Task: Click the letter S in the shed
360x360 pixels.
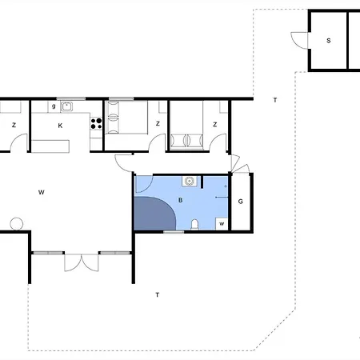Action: pos(329,41)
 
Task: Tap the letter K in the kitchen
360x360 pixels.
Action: pos(60,126)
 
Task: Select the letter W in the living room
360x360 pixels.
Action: pos(42,192)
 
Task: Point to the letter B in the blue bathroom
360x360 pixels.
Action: pos(181,200)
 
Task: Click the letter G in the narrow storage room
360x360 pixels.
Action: pos(241,202)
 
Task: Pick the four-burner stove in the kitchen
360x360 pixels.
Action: pos(96,123)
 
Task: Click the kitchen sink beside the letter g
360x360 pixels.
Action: pos(66,106)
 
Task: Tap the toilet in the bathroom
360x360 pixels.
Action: pos(195,225)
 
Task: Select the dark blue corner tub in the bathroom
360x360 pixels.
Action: pos(154,214)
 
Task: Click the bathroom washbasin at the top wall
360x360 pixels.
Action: pos(190,181)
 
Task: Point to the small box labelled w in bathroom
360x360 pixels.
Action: pos(222,224)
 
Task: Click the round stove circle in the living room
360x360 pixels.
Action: pos(17,224)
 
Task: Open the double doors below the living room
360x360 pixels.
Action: pos(82,262)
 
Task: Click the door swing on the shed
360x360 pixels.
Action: pos(299,41)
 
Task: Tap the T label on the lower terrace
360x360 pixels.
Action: pos(158,294)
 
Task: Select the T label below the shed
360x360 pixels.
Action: pos(275,100)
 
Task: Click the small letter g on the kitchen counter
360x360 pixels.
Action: pos(54,106)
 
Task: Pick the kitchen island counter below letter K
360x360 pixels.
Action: pos(50,146)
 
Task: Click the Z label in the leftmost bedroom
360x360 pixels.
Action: pos(14,125)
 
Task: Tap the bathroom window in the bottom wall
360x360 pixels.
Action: pos(174,232)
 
